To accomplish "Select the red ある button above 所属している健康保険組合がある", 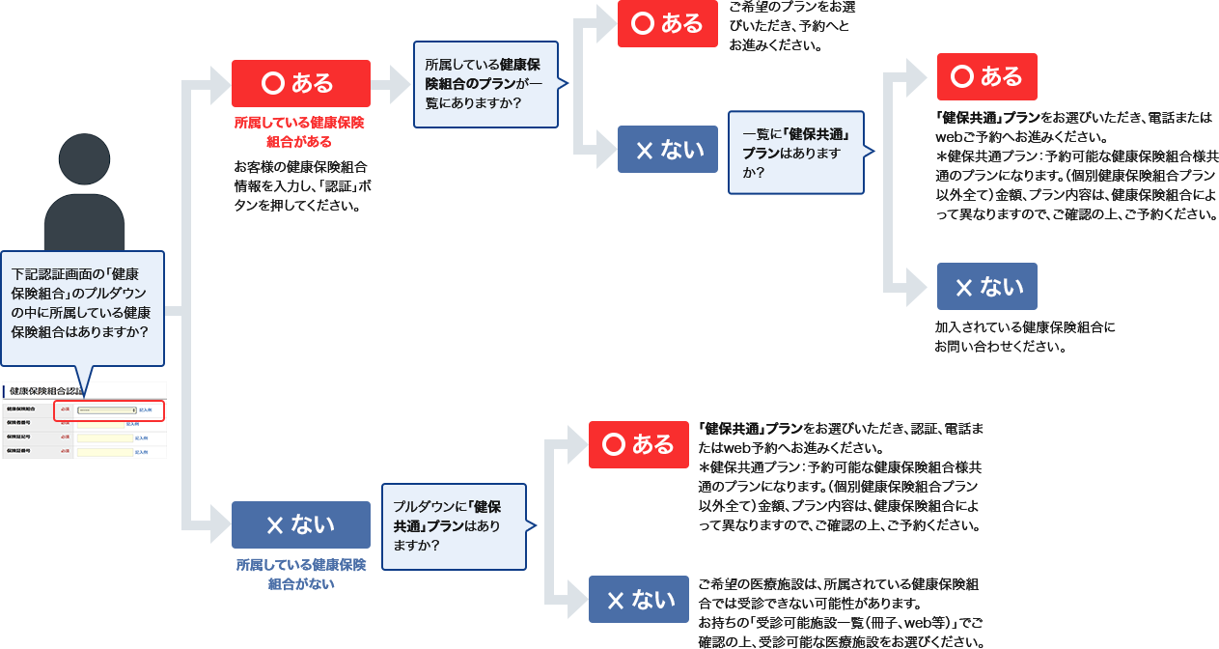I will click(300, 83).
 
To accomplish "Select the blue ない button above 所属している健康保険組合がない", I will click(300, 524).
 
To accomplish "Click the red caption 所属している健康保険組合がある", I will click(299, 132).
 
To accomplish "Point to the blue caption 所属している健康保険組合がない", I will click(300, 574).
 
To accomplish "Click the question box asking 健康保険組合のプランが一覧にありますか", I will click(485, 84).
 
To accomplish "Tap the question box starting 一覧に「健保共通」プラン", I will click(796, 152).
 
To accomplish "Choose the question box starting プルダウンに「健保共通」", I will click(455, 525).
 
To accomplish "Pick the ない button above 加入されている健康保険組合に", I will click(986, 287).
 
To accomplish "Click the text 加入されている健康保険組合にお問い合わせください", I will click(1024, 337).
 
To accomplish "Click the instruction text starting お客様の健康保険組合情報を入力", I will click(299, 184).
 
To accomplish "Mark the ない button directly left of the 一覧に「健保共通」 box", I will click(667, 150).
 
